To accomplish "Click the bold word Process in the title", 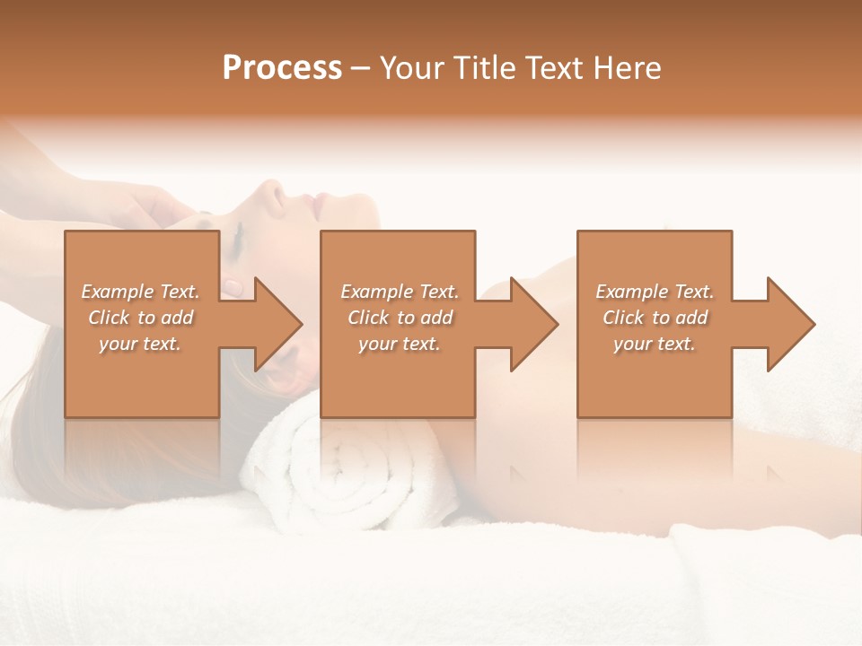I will (282, 68).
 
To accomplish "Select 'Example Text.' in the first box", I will (141, 292).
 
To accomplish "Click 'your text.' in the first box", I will (141, 344).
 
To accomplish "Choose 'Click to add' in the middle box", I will (400, 318).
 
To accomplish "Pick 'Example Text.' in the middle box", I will (400, 292).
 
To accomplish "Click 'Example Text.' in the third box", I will (655, 292).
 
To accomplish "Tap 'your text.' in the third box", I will (655, 344).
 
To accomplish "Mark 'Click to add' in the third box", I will (655, 318).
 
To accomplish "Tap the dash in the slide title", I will (361, 69).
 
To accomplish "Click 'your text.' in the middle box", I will (400, 344).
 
